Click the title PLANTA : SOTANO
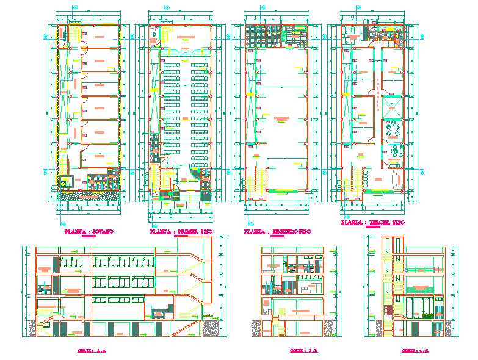[x=89, y=232]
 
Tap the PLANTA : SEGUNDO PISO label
[x=277, y=232]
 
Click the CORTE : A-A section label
[x=92, y=351]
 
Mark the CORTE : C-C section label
[x=408, y=351]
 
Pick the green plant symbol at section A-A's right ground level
[x=211, y=315]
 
